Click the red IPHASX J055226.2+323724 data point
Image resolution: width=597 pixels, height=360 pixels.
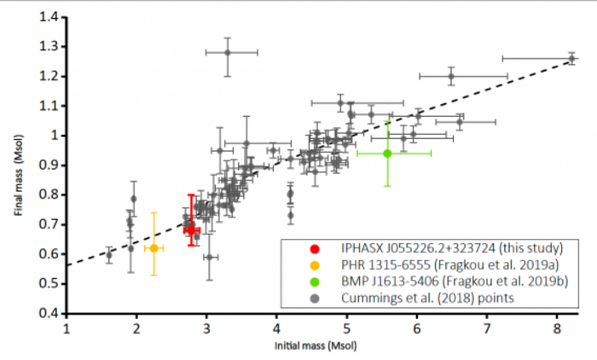[191, 229]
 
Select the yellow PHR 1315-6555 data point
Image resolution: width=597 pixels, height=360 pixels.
[154, 248]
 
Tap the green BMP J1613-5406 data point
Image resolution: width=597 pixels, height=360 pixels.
[387, 154]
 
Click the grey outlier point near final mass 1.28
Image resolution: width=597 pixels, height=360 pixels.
[228, 52]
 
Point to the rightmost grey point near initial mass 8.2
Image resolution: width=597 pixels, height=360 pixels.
[571, 58]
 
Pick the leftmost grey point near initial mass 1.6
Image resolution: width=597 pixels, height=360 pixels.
[109, 254]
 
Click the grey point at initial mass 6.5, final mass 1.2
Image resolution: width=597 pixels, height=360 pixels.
[451, 76]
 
